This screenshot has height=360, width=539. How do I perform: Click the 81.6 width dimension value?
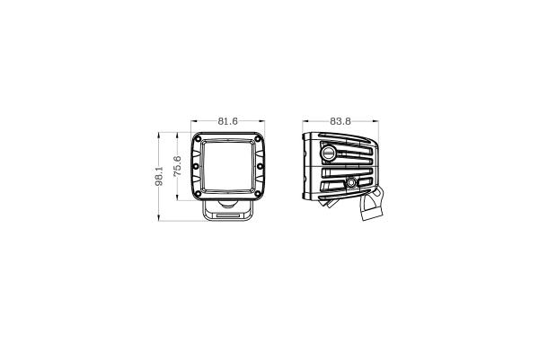point(227,120)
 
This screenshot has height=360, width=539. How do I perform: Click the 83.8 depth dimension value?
point(340,120)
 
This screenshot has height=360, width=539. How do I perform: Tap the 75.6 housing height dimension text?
point(178,166)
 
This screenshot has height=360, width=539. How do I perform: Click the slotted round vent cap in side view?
point(330,154)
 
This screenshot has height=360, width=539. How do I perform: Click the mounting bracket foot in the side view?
point(375,208)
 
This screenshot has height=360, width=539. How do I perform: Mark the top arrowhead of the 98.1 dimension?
point(159,134)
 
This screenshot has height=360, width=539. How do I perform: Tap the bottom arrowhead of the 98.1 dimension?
point(159,219)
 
